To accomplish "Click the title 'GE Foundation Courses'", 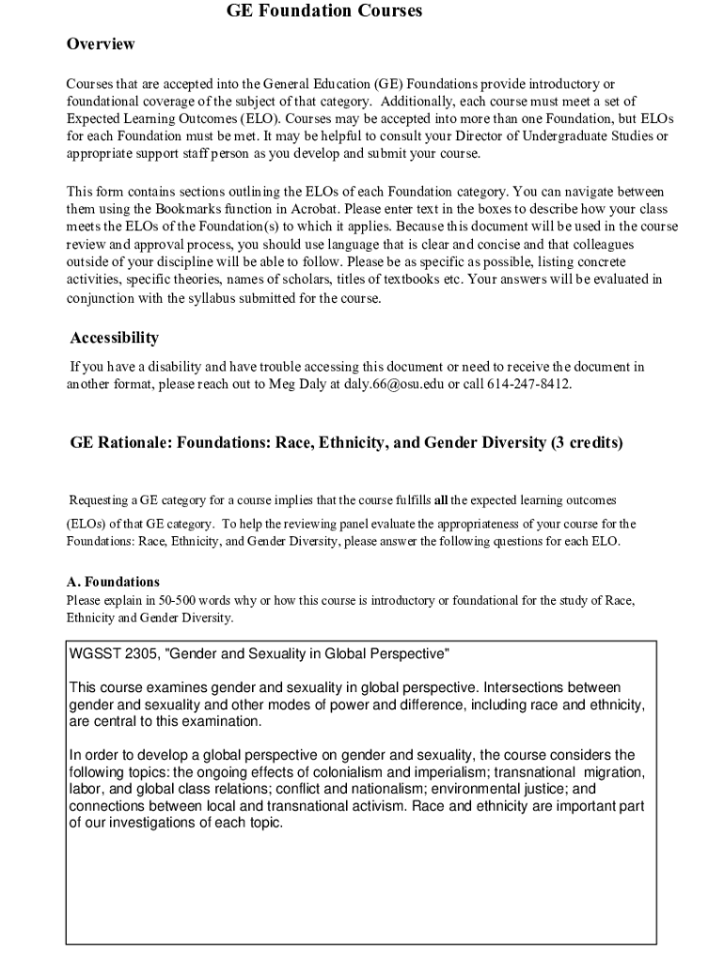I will tap(324, 11).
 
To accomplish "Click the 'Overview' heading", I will tap(101, 44).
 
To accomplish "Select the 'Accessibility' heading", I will tap(115, 338).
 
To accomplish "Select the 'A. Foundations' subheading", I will tap(113, 582).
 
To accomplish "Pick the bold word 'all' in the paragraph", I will tap(441, 498).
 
